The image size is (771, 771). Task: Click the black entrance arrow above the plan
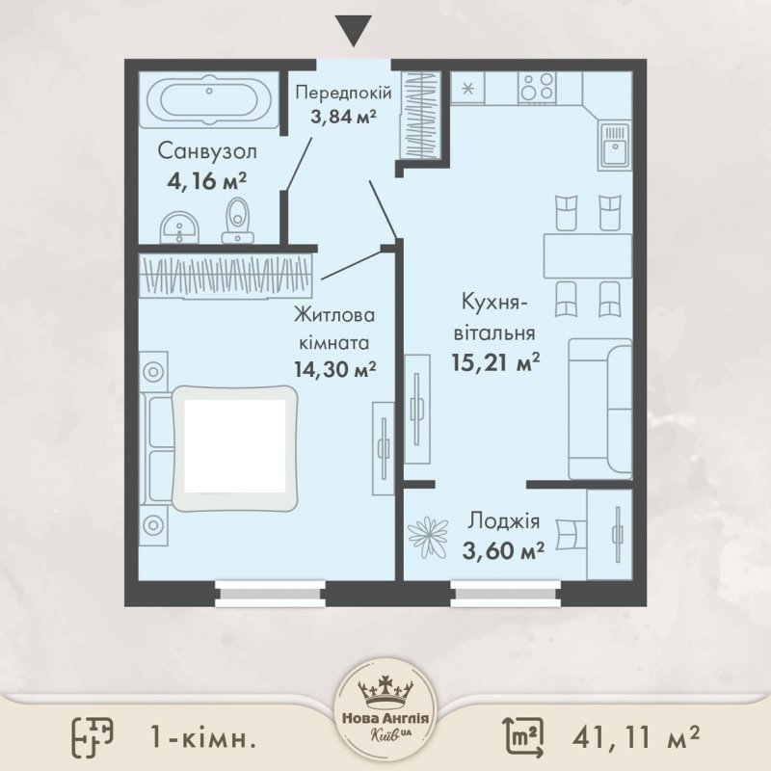(354, 31)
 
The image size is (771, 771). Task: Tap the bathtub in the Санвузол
(209, 100)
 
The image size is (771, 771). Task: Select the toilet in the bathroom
(238, 221)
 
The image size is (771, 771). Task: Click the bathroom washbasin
(180, 227)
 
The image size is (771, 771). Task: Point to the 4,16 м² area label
(206, 181)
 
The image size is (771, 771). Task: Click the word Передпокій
(344, 93)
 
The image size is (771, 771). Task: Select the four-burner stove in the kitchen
(537, 88)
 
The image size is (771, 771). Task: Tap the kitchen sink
(614, 146)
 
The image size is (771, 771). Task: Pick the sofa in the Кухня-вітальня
(599, 409)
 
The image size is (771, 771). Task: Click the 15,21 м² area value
(495, 362)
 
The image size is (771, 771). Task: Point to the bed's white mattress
(235, 446)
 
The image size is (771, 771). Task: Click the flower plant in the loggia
(428, 537)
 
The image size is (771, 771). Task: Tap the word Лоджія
(503, 520)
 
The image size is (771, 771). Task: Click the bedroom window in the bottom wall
(271, 594)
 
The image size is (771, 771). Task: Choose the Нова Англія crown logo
(385, 719)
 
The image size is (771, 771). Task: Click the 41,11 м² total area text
(636, 736)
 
